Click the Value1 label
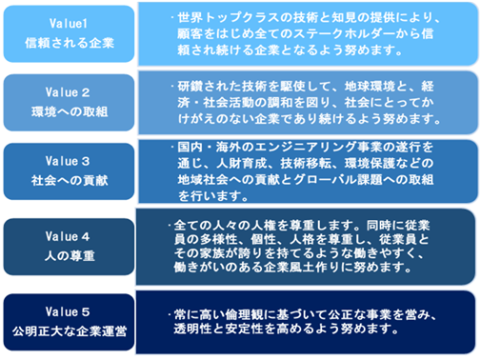coord(69,23)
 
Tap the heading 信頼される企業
coord(70,43)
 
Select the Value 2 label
coord(68,92)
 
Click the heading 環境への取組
coord(70,111)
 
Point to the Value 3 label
coord(68,161)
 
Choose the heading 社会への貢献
coord(70,180)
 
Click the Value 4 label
coord(68,236)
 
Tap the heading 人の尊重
coord(70,255)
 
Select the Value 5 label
coord(68,311)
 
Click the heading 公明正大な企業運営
coord(70,331)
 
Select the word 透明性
coord(193,329)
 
